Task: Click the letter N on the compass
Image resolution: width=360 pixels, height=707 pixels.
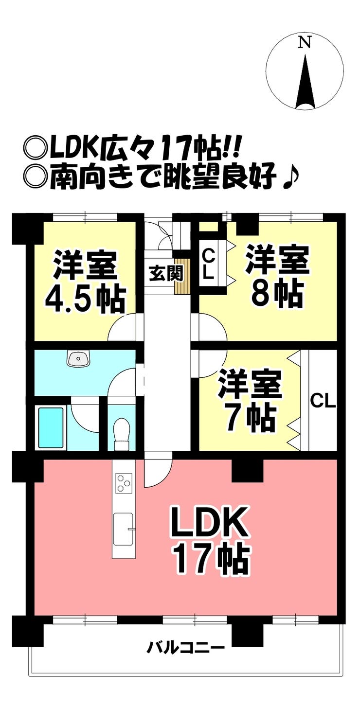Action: pos(305,43)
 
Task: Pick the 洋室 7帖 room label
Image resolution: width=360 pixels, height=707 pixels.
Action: pos(249,400)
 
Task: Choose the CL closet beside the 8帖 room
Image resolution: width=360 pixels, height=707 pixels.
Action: pos(208,264)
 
